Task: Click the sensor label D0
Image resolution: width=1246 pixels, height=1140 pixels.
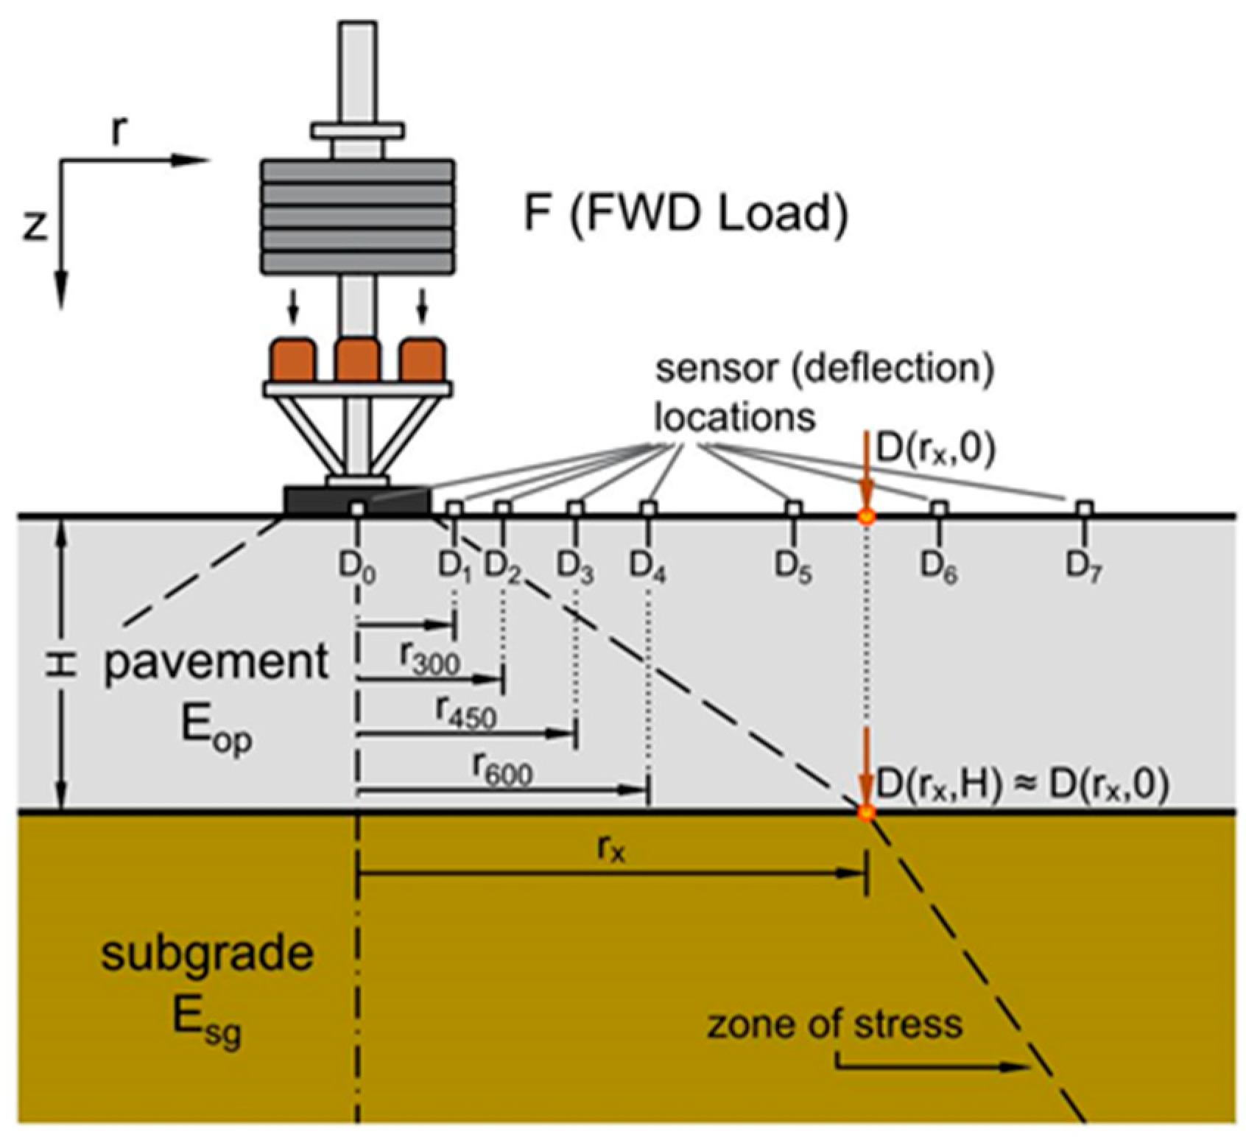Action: click(357, 567)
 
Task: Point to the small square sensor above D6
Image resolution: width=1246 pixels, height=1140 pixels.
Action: click(938, 507)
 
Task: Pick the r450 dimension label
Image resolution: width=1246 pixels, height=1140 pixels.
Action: click(466, 713)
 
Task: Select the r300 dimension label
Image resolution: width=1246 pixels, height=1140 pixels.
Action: click(430, 661)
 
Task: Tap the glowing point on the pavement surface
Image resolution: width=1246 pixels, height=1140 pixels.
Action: click(867, 516)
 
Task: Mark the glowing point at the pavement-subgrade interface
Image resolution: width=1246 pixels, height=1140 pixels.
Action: click(867, 812)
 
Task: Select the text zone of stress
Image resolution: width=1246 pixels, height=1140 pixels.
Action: click(834, 1024)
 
